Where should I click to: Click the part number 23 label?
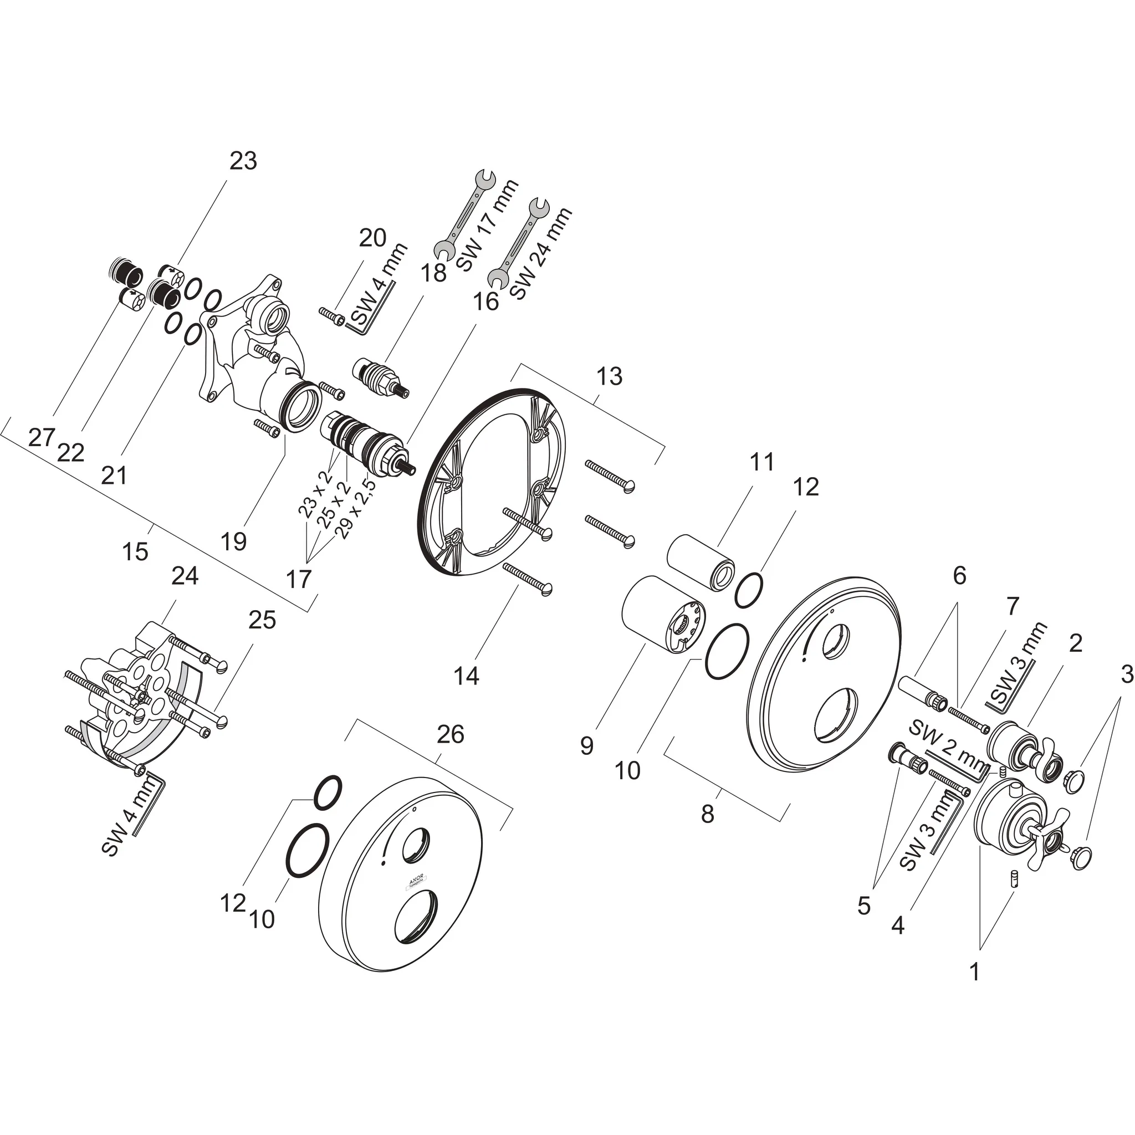tap(243, 160)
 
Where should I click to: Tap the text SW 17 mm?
tap(487, 225)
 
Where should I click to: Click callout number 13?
tap(609, 376)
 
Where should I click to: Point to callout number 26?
tap(451, 734)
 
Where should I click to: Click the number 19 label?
tap(233, 541)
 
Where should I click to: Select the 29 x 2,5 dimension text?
tap(355, 509)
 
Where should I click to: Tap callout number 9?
tap(586, 746)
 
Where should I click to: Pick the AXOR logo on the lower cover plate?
tap(415, 881)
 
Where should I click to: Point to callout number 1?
tap(975, 972)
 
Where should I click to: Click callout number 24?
tap(185, 576)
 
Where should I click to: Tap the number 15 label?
tap(135, 551)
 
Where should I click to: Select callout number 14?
tap(467, 676)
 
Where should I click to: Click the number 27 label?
tap(41, 437)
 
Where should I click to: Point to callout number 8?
tap(707, 814)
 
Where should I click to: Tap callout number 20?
tap(372, 238)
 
